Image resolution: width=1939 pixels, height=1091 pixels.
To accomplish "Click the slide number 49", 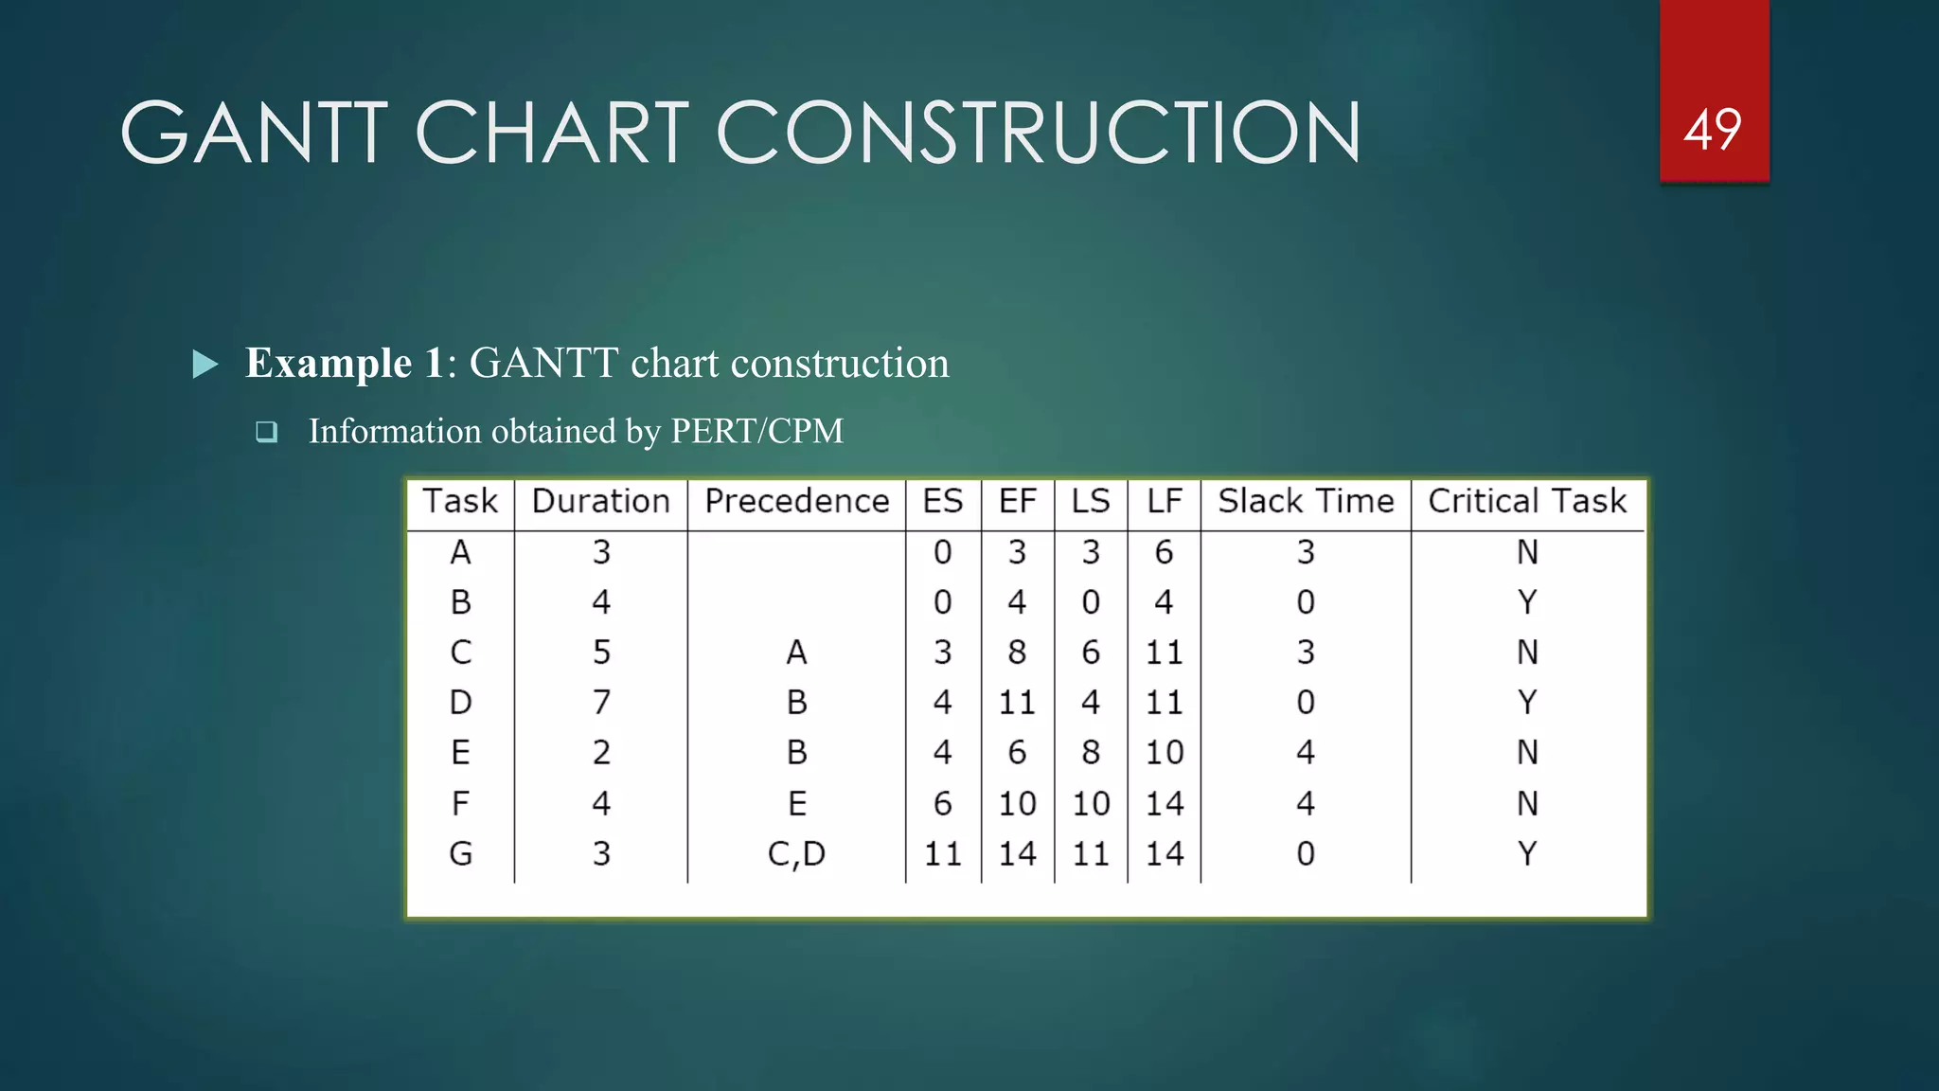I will (x=1713, y=130).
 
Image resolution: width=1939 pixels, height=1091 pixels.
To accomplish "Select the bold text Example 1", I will (x=345, y=363).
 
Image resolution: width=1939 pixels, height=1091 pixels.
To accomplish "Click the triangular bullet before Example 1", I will (x=205, y=364).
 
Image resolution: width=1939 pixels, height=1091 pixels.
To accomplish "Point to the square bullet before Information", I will (x=267, y=433).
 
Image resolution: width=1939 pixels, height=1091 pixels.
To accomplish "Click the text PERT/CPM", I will (x=756, y=431).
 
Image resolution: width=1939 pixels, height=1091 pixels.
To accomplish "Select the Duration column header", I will (x=601, y=501).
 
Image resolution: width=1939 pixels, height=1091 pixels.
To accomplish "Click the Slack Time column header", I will (x=1306, y=501).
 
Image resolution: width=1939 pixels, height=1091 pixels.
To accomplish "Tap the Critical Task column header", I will (x=1527, y=501).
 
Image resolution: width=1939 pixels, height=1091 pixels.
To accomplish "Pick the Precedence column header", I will (x=797, y=501).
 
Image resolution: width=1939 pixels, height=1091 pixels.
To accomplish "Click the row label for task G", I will (x=461, y=853).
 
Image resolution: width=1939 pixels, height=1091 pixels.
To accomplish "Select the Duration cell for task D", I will (x=601, y=703).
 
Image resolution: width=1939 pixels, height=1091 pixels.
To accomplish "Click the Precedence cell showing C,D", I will (x=796, y=854).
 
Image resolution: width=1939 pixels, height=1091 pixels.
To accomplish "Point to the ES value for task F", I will (x=943, y=803).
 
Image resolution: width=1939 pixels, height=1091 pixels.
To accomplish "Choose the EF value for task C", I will (x=1017, y=653).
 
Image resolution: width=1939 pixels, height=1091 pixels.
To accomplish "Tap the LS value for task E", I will (x=1091, y=753).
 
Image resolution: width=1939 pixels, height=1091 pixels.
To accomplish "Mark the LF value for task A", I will (x=1164, y=552).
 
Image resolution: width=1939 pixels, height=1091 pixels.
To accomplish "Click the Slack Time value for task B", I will (x=1306, y=602).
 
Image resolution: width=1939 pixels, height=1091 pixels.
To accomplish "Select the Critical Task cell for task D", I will (x=1527, y=703).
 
